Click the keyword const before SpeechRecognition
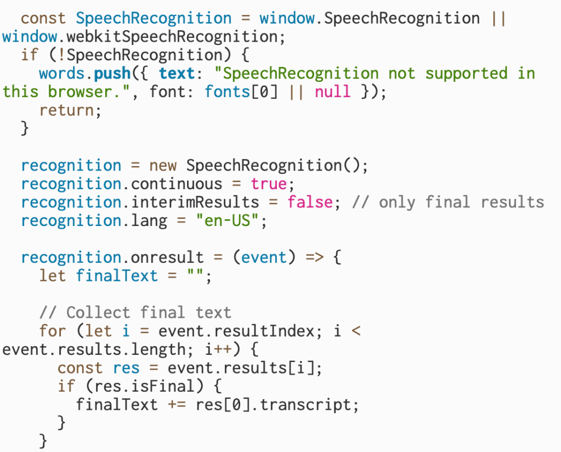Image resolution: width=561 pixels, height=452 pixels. [x=43, y=18]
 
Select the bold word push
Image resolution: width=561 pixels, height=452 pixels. [x=112, y=74]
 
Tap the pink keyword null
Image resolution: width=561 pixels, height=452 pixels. [x=332, y=92]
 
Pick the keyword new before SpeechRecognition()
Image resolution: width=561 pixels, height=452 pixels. [x=163, y=165]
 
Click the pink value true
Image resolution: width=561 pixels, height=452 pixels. [x=269, y=184]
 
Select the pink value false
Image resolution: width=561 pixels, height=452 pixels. [x=310, y=202]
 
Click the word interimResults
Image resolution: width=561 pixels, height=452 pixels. [x=195, y=202]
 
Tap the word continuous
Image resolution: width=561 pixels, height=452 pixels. [x=177, y=184]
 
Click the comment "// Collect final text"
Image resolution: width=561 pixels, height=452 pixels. [x=135, y=313]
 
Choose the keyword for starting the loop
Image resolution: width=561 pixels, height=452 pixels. [x=53, y=331]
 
